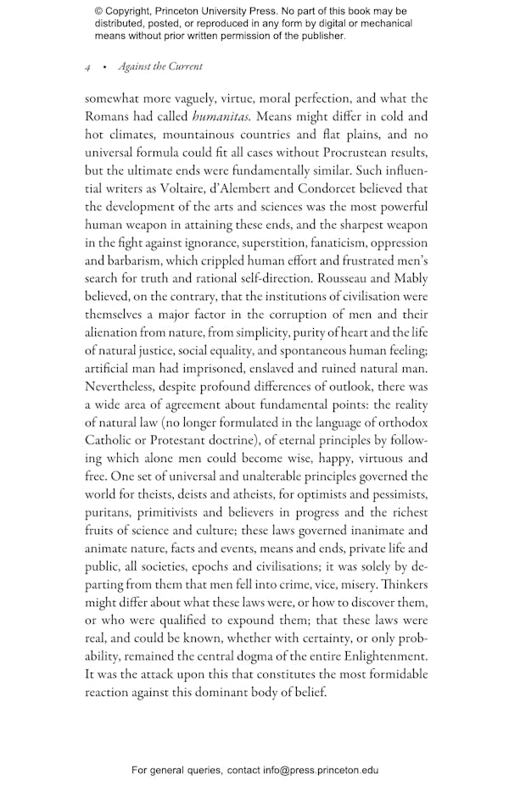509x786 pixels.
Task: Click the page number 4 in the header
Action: (x=87, y=67)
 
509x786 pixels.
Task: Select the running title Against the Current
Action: (x=160, y=66)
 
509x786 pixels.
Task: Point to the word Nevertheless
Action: (x=124, y=387)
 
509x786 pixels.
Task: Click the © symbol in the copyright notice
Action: (x=99, y=12)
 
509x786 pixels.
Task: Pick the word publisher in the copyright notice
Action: (x=320, y=36)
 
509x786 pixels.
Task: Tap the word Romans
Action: (x=111, y=117)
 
